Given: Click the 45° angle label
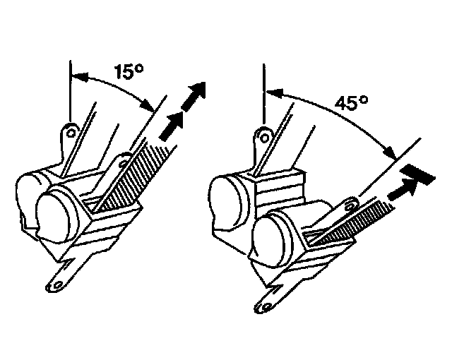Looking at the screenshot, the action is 352,104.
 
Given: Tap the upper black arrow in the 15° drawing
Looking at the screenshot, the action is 195,95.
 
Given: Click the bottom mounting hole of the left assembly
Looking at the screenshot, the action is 52,286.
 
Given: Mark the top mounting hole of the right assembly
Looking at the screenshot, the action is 263,133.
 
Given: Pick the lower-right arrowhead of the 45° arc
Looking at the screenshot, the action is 388,152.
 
